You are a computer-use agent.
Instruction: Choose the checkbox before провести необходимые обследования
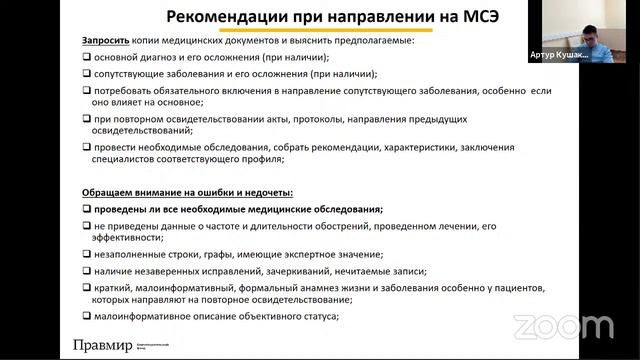click(x=87, y=147)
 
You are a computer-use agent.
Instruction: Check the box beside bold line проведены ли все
click(x=87, y=209)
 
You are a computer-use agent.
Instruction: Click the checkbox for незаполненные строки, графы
click(x=87, y=254)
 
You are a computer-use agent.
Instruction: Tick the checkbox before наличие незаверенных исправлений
click(x=87, y=271)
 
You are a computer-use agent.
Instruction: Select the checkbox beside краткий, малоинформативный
click(x=87, y=287)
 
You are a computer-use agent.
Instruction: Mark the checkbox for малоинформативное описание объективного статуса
click(x=87, y=316)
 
